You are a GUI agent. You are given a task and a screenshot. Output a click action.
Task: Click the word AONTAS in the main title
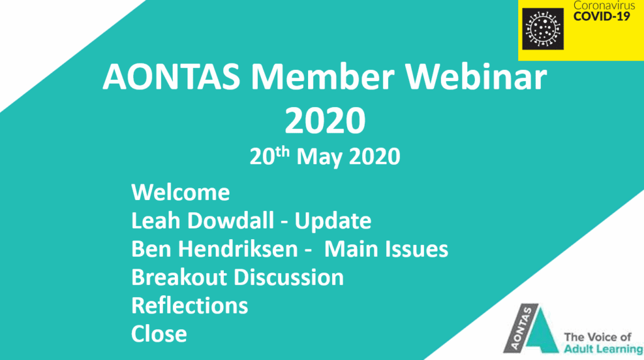pyautogui.click(x=171, y=77)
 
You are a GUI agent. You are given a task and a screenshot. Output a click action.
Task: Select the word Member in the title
pyautogui.click(x=323, y=77)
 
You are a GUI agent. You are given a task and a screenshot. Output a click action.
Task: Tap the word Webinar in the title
pyautogui.click(x=477, y=77)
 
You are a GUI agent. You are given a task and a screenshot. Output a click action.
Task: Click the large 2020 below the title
pyautogui.click(x=325, y=120)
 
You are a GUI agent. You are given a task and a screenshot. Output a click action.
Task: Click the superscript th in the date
pyautogui.click(x=282, y=152)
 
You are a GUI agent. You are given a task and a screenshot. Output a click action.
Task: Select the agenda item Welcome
pyautogui.click(x=180, y=193)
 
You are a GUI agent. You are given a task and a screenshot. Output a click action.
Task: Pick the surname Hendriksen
pyautogui.click(x=243, y=249)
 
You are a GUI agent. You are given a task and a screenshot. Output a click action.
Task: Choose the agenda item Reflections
pyautogui.click(x=190, y=306)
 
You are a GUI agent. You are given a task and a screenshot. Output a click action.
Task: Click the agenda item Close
pyautogui.click(x=159, y=334)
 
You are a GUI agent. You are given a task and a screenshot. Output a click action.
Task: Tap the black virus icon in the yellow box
pyautogui.click(x=543, y=29)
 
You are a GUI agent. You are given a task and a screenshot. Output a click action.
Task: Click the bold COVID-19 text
pyautogui.click(x=602, y=16)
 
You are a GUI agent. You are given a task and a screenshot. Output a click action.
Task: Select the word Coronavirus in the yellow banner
pyautogui.click(x=604, y=5)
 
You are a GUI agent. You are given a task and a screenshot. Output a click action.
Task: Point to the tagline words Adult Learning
pyautogui.click(x=603, y=349)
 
